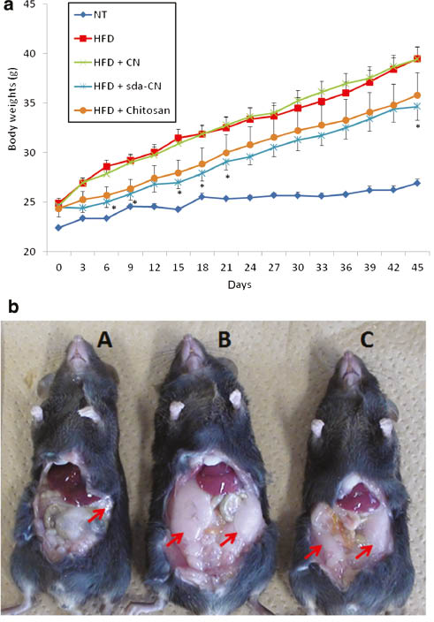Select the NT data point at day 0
pos(59,227)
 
